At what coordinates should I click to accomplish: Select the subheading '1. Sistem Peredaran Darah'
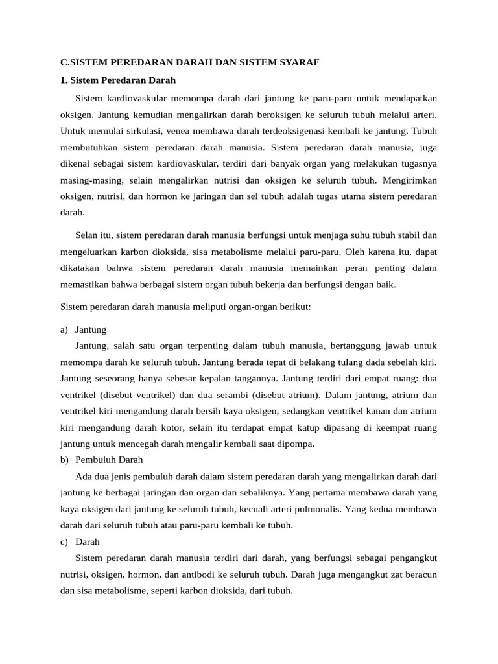(x=118, y=81)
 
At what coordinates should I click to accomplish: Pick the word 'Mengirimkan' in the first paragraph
(x=411, y=180)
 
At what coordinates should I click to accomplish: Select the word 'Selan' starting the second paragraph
(x=87, y=235)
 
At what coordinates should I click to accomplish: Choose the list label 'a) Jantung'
(x=84, y=329)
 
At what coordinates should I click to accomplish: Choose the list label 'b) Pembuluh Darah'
(x=101, y=460)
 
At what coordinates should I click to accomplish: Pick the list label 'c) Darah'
(x=80, y=541)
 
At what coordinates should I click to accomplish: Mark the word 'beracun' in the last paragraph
(x=420, y=575)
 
